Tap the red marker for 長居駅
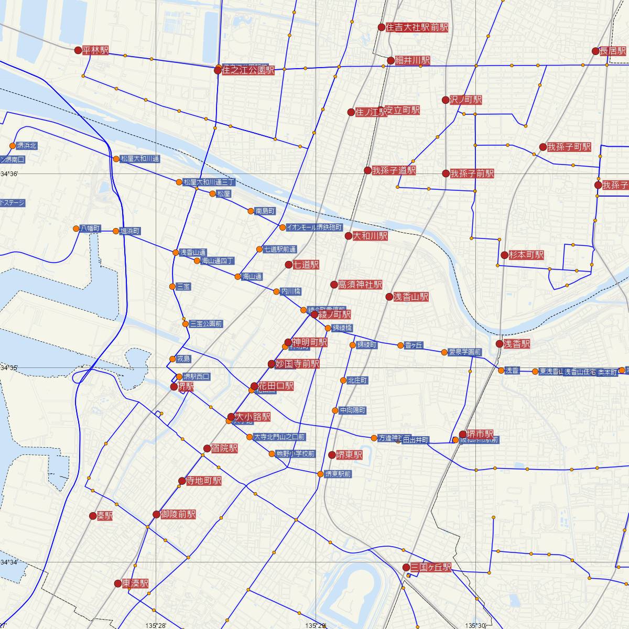(x=595, y=51)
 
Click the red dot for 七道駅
(x=288, y=265)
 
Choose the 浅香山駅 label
(x=411, y=297)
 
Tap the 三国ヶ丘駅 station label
(x=430, y=567)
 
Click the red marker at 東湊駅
(x=118, y=583)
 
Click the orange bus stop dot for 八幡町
(x=77, y=229)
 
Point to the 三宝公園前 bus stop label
(x=206, y=324)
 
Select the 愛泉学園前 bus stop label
(x=464, y=352)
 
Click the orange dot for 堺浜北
(x=13, y=146)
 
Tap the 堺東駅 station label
(x=349, y=455)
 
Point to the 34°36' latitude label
(x=9, y=174)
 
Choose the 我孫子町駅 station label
(x=569, y=147)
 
